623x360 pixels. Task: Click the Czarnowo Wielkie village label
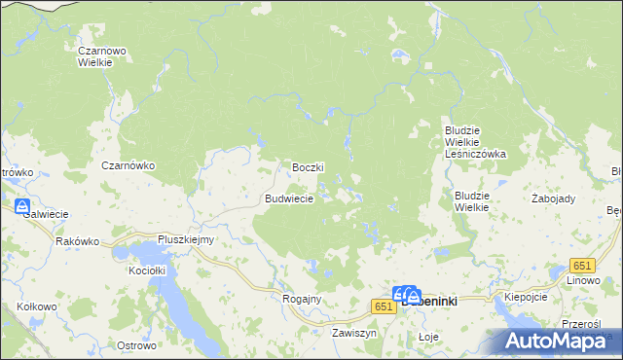96,54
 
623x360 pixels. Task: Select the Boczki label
308,167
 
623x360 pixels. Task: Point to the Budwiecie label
288,198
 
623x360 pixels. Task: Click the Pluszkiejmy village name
186,239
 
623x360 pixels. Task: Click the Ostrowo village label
136,345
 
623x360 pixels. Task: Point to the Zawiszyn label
353,333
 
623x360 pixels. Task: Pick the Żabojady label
554,198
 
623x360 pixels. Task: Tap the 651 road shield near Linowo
582,266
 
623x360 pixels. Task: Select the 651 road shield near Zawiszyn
383,306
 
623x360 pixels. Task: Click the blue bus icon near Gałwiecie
22,206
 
